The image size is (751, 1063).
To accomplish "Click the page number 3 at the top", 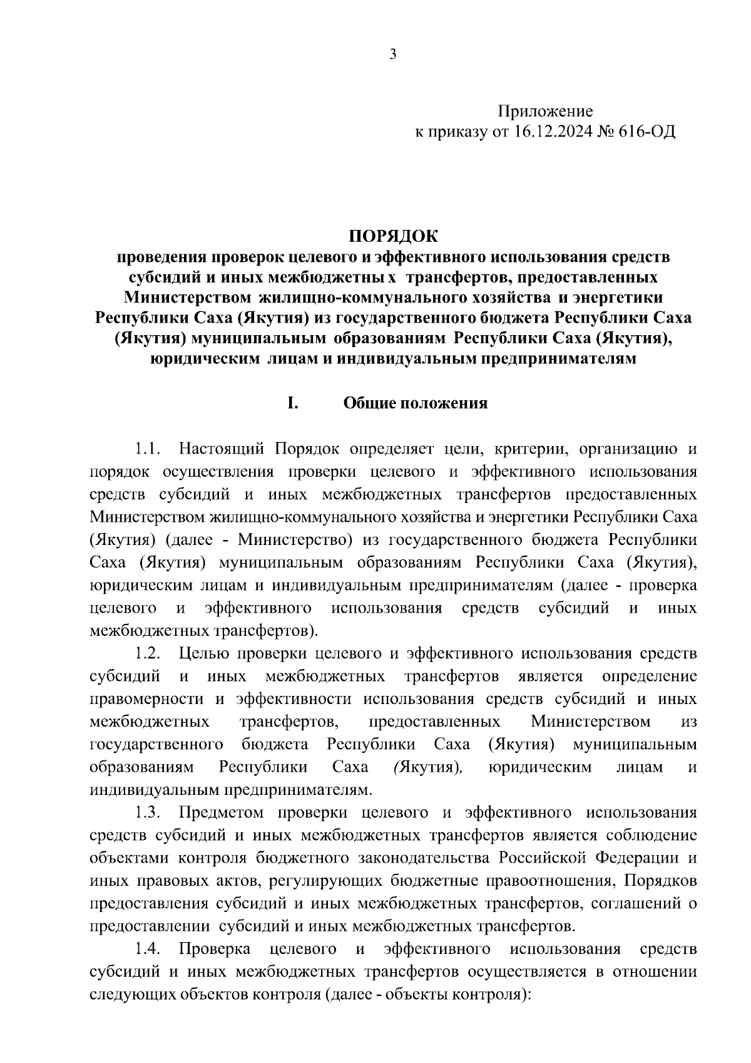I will click(x=393, y=54).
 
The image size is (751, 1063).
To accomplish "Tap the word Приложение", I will click(x=545, y=112).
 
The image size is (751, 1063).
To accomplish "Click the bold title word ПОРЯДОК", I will click(x=394, y=237).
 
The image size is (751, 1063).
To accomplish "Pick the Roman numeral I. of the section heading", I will click(x=292, y=403).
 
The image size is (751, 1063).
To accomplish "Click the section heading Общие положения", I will click(x=415, y=403).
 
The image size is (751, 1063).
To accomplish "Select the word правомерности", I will click(x=148, y=699).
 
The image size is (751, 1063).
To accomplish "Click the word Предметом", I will click(x=222, y=812).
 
